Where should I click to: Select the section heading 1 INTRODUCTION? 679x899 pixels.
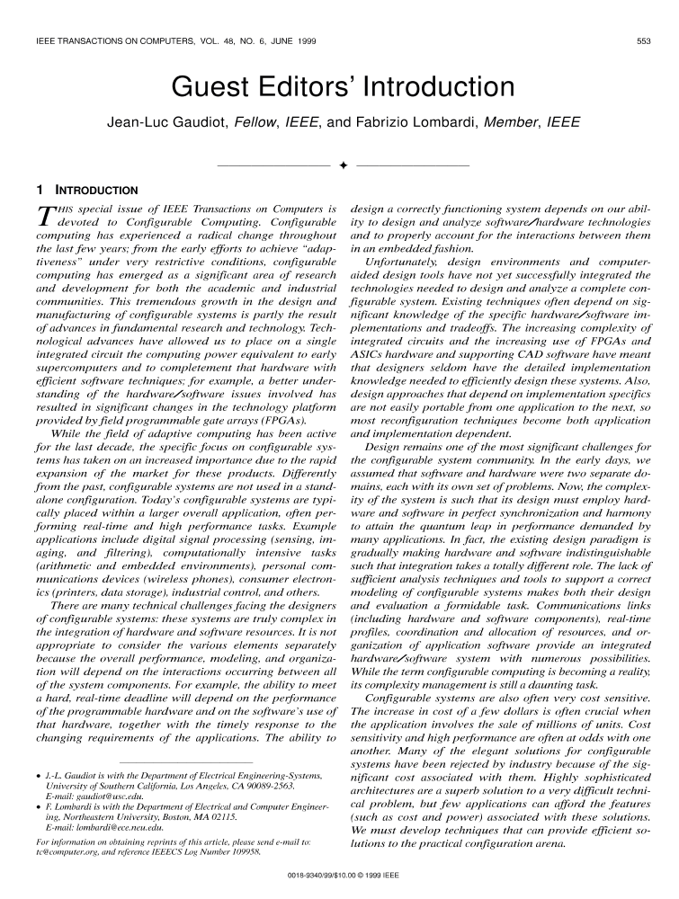tap(85, 191)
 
